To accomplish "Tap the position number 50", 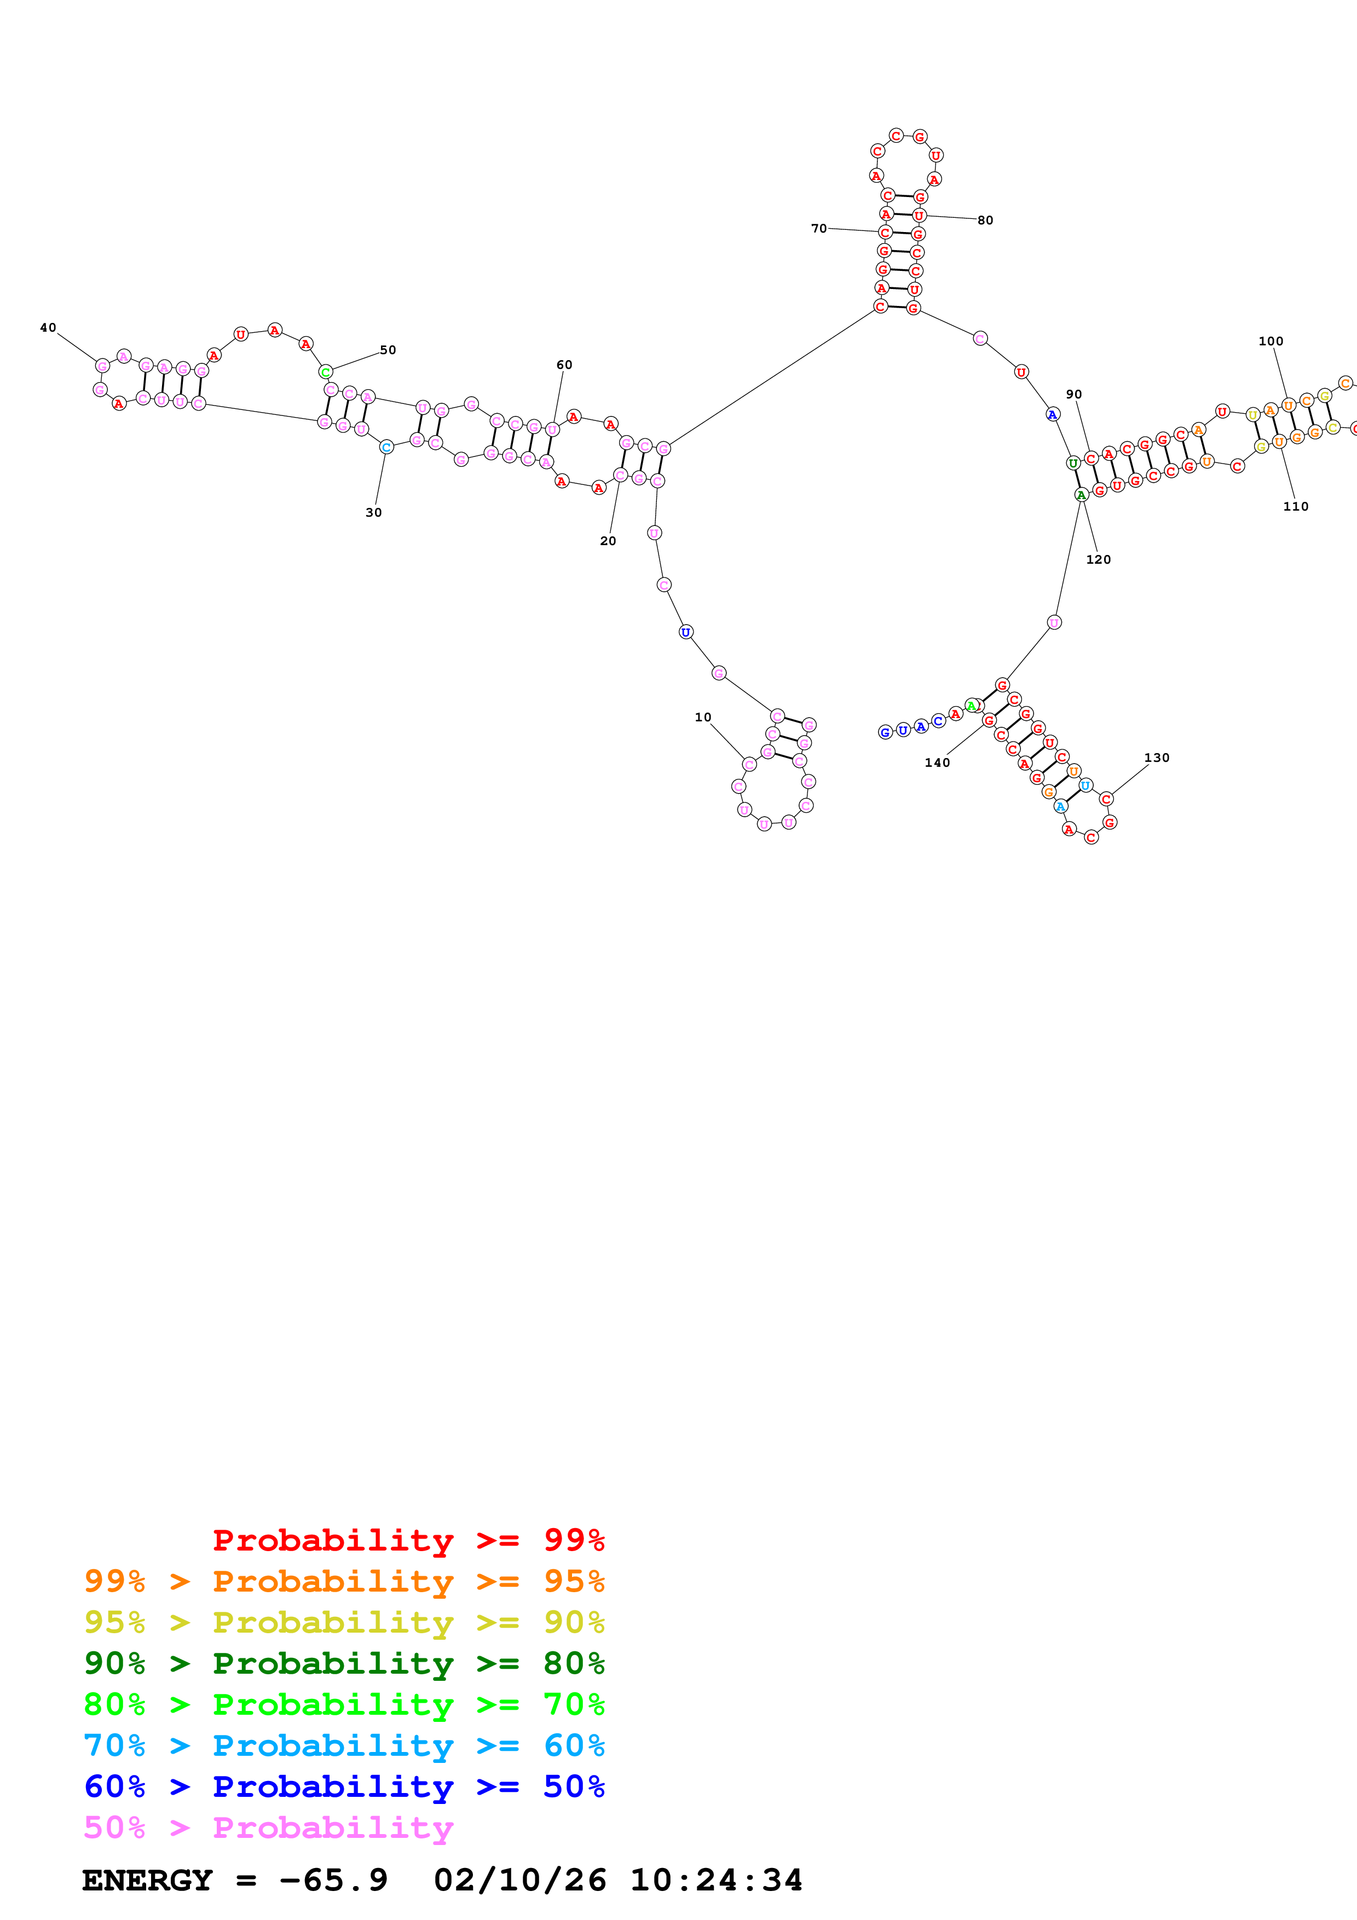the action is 388,350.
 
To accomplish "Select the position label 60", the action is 564,365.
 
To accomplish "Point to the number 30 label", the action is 374,513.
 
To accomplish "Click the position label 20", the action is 608,541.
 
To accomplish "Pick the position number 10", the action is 703,718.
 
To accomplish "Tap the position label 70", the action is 818,228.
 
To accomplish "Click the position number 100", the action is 1271,341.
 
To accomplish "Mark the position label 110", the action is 1296,507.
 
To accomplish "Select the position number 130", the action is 1157,757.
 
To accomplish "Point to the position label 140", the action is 937,762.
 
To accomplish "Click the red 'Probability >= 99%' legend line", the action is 409,1540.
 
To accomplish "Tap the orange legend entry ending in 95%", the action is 344,1581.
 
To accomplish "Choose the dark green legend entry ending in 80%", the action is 344,1663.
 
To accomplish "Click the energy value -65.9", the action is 333,1880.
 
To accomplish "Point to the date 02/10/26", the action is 520,1880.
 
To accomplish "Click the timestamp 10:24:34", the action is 717,1880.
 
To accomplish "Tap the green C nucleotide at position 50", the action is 326,372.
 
